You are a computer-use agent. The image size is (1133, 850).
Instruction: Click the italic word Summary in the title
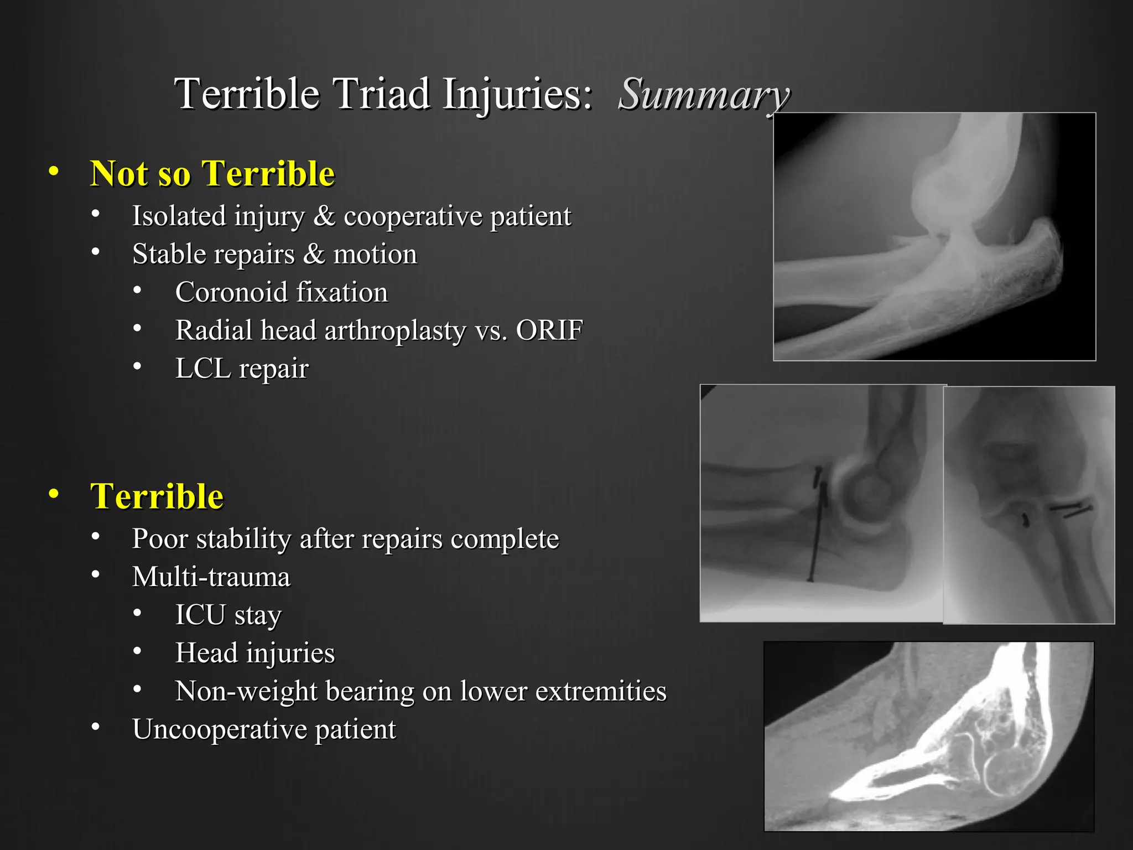(x=704, y=94)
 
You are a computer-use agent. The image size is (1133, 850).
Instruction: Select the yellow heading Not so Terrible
(x=212, y=174)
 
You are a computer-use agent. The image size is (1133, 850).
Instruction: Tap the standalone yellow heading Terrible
(x=157, y=496)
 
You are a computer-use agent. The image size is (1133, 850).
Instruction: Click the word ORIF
(x=549, y=330)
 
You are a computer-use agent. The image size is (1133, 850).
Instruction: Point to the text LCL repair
(x=242, y=369)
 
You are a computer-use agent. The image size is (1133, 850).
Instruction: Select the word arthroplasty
(x=395, y=331)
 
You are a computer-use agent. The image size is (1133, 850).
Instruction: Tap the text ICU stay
(x=228, y=615)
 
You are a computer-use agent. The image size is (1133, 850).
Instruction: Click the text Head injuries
(x=254, y=653)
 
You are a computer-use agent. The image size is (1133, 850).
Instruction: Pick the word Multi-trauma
(x=211, y=577)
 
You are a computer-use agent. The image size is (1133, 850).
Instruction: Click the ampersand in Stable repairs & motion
(x=314, y=254)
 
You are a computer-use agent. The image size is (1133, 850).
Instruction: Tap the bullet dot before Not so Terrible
(x=53, y=172)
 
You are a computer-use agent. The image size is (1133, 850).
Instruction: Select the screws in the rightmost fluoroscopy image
(x=1070, y=510)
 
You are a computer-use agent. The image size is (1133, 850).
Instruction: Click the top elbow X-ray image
(x=934, y=236)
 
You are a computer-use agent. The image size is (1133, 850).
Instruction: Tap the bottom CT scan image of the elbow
(x=928, y=736)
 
